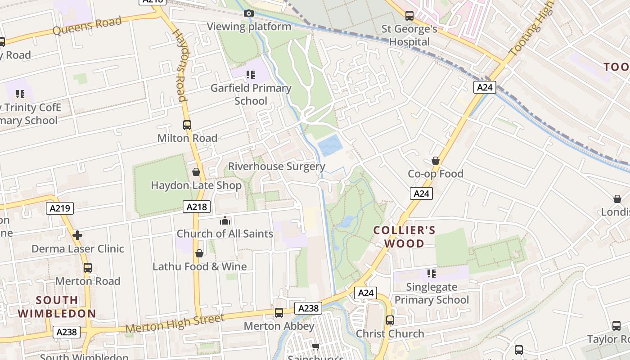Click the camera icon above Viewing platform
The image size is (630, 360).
(248, 13)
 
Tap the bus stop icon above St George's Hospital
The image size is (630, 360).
(409, 16)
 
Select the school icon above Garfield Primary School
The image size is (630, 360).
(251, 74)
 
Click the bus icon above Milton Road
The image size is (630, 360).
(187, 125)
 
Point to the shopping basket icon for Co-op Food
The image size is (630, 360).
(435, 161)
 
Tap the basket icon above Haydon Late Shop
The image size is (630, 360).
(196, 172)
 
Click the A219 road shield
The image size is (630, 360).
(60, 208)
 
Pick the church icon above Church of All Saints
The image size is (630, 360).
(225, 220)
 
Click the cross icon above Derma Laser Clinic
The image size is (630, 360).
(77, 235)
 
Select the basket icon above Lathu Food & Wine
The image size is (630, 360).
(199, 253)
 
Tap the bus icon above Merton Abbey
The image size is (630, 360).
(279, 313)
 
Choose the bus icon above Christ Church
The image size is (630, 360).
(390, 320)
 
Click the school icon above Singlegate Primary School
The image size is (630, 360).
(432, 274)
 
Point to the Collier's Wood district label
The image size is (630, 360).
(405, 237)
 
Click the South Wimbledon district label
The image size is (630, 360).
(57, 307)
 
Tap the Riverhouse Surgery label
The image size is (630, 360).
(276, 166)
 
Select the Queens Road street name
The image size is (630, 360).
(87, 26)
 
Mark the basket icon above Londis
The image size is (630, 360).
(617, 199)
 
